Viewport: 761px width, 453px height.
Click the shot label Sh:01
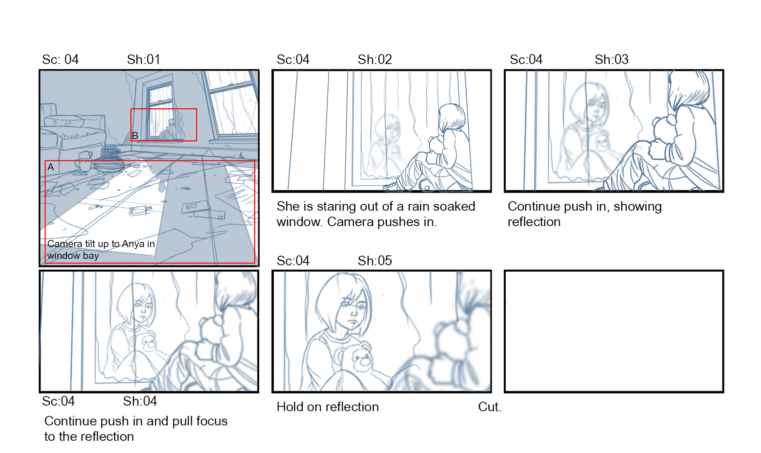tap(143, 60)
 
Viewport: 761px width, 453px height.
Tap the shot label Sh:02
tap(375, 60)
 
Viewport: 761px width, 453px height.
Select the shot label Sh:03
tap(612, 60)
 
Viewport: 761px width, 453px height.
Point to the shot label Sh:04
tap(140, 401)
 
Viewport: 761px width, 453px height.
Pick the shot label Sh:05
tap(375, 261)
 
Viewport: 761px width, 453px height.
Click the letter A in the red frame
tap(51, 167)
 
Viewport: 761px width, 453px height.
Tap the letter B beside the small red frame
tap(135, 136)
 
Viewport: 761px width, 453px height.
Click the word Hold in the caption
tap(290, 407)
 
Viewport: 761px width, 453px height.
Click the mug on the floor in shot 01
tap(84, 161)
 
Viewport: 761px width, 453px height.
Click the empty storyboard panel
tap(614, 332)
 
